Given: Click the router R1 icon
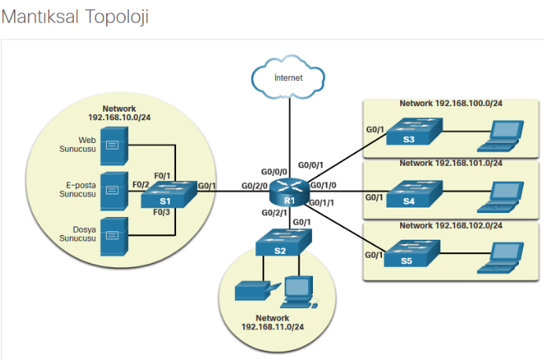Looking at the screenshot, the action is (x=289, y=193).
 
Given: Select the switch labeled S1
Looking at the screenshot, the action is (x=169, y=194).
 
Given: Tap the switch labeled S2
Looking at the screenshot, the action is (x=284, y=242).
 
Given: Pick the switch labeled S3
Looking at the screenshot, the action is (x=414, y=131).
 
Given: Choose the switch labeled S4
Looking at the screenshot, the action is (x=414, y=194).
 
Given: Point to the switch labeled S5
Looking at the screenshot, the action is (x=412, y=253).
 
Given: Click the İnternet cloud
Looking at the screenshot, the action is (x=288, y=77).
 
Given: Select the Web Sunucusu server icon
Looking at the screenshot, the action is (x=114, y=146).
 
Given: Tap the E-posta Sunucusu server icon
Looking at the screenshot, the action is (x=114, y=191).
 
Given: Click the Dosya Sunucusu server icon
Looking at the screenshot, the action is (x=114, y=237).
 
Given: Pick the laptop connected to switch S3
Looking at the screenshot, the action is (x=500, y=136).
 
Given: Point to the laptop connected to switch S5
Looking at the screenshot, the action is (x=500, y=258).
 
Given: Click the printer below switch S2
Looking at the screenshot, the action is (x=257, y=291).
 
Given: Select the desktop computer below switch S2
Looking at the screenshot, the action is (x=299, y=292).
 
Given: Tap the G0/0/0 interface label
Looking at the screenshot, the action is (x=274, y=171).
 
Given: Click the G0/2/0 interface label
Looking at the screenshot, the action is (x=254, y=186).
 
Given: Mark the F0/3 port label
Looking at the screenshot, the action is (x=162, y=212).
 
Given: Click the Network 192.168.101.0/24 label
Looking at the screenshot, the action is (x=451, y=163).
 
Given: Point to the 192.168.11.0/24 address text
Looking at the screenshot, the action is (x=273, y=327).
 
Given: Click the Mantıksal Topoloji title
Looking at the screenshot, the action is (x=75, y=17).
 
